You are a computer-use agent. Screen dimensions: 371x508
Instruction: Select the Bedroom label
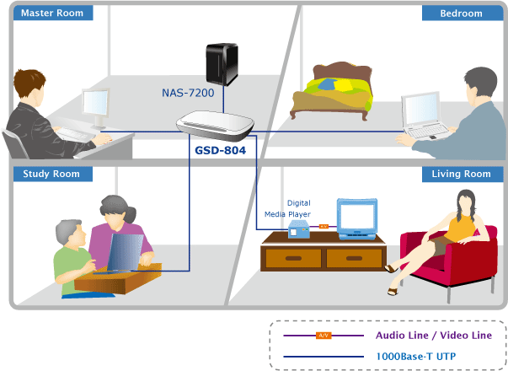pos(460,13)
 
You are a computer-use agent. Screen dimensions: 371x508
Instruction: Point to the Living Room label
pos(460,174)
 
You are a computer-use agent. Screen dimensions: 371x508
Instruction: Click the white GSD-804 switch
pos(215,126)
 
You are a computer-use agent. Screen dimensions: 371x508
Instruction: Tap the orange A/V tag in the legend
pos(323,336)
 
